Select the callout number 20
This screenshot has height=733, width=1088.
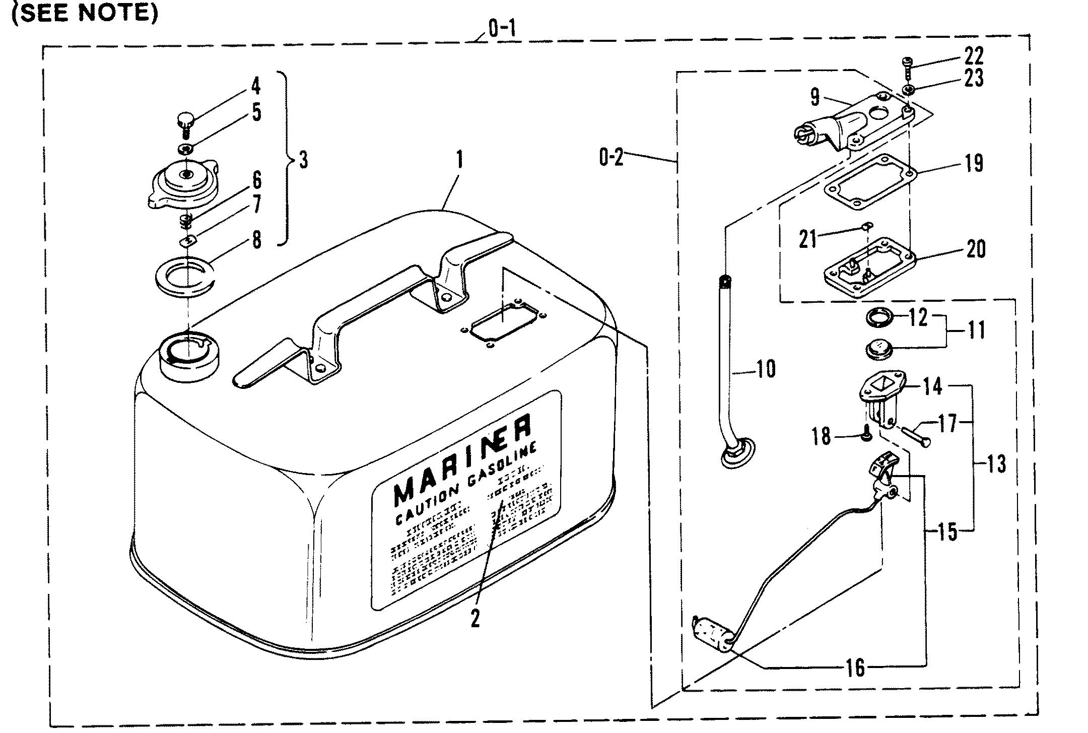[x=976, y=249]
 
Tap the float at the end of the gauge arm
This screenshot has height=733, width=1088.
[x=711, y=634]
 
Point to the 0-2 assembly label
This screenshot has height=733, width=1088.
[x=611, y=158]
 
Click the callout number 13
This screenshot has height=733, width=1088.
[x=995, y=463]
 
